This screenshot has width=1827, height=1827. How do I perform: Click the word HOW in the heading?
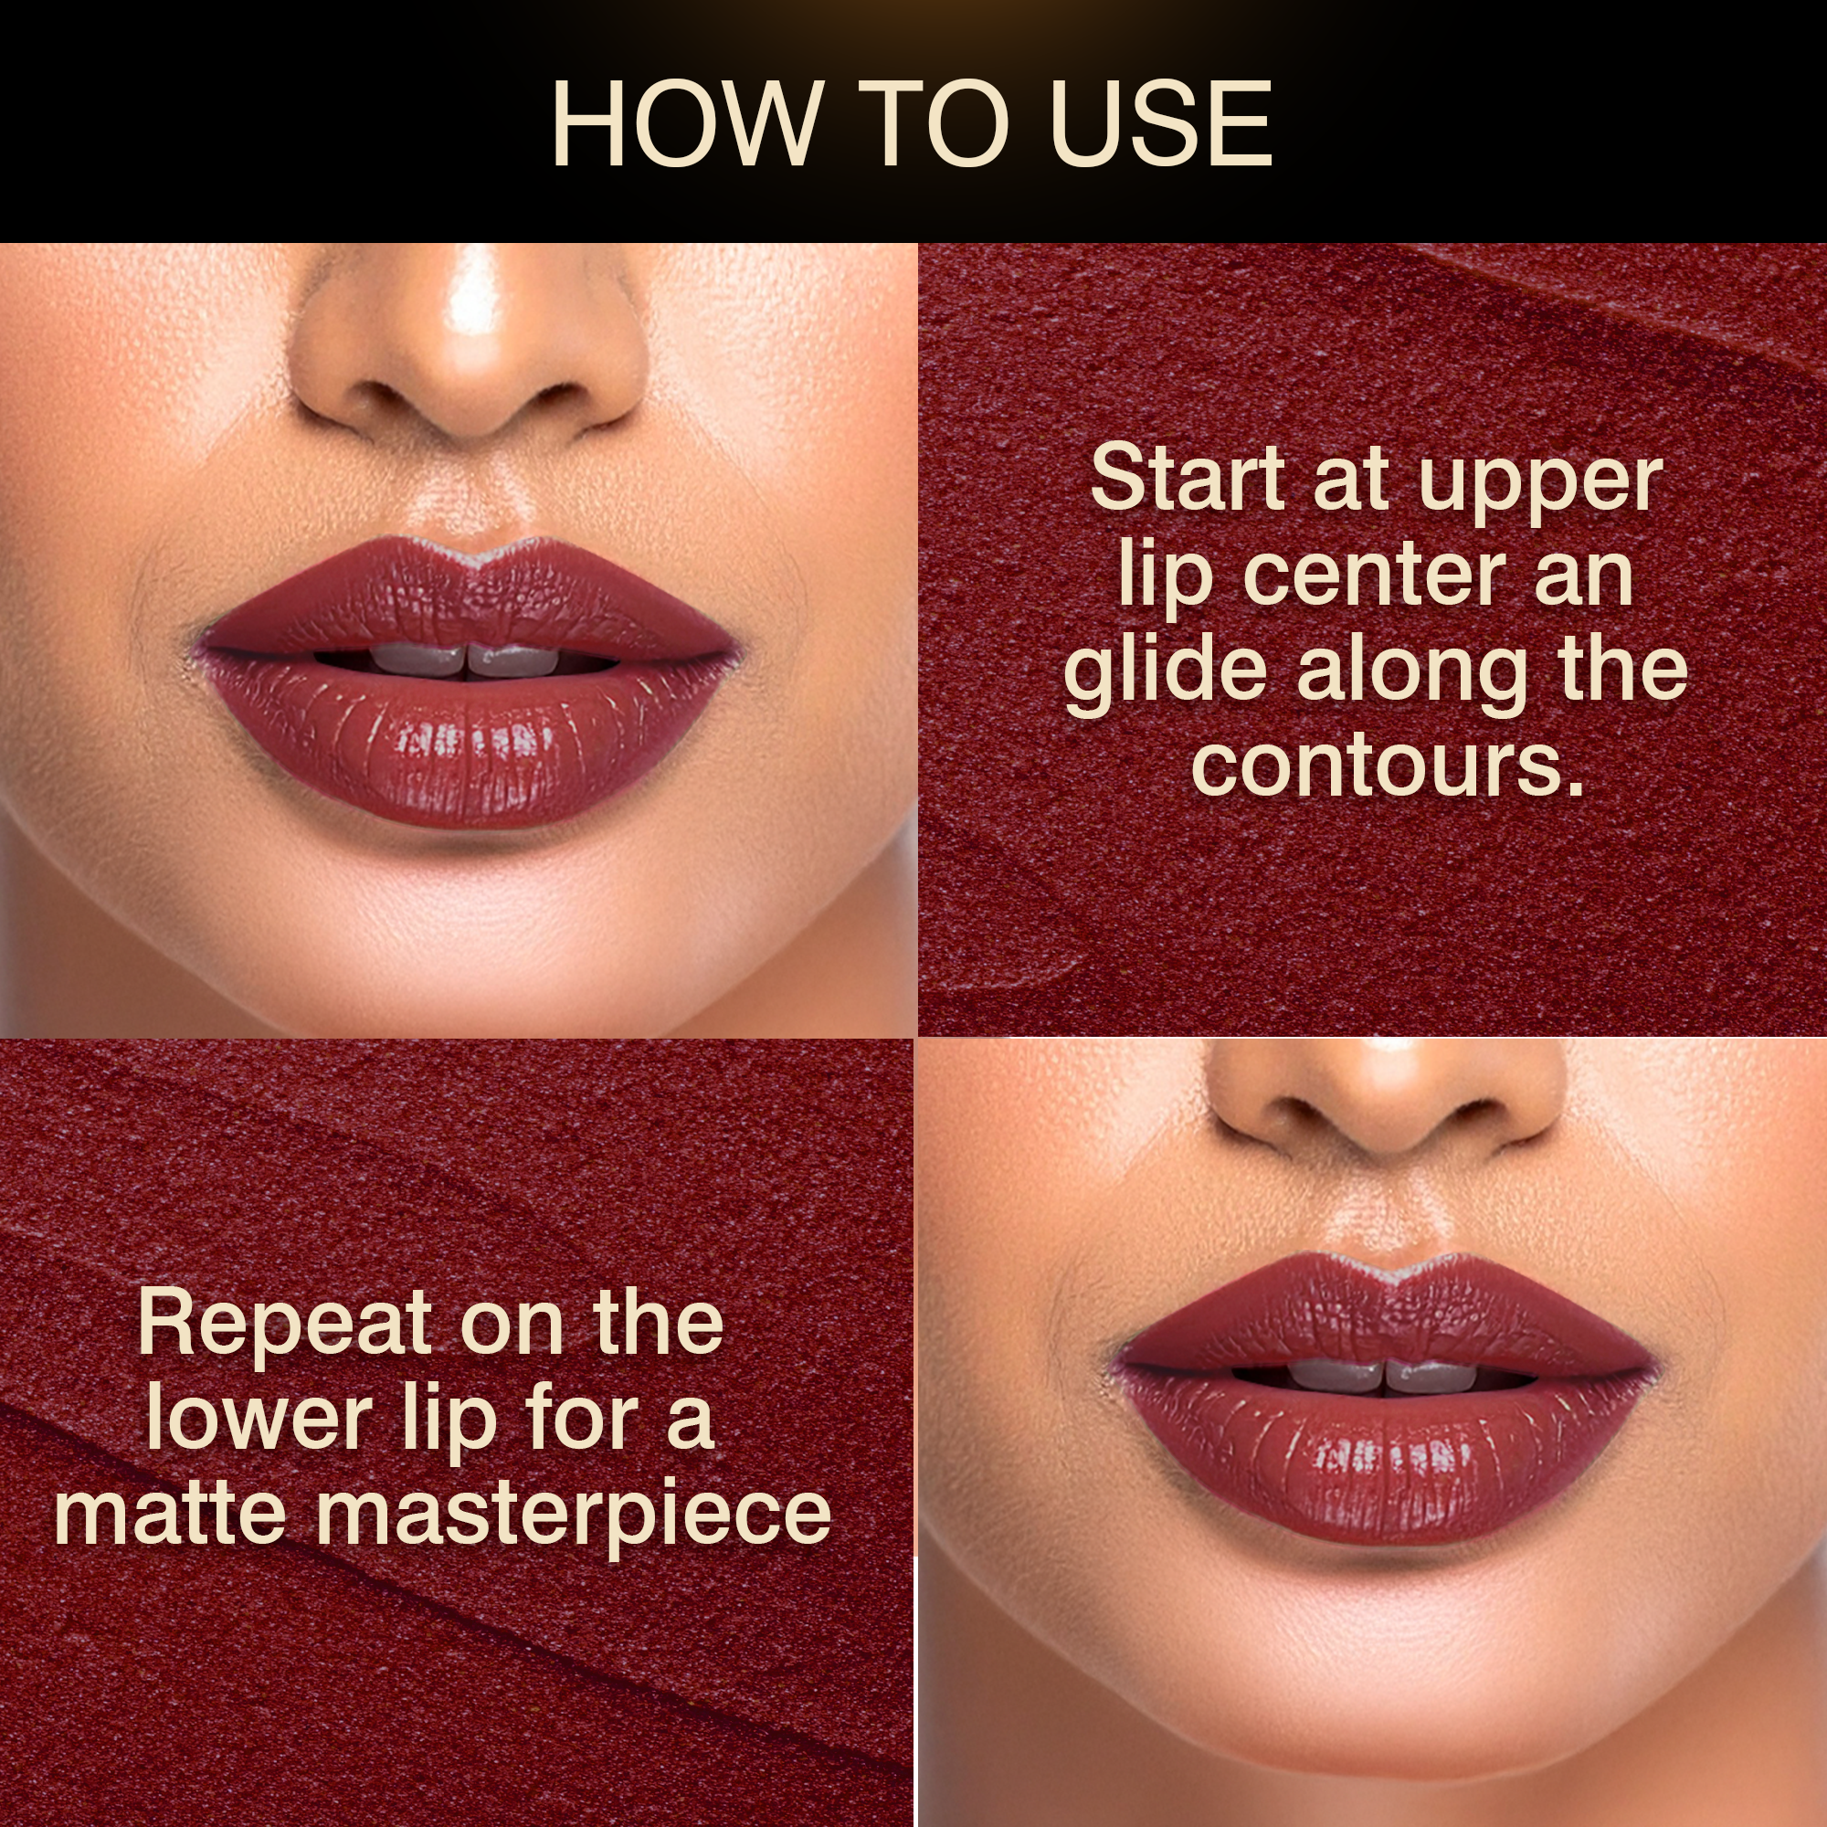click(x=686, y=124)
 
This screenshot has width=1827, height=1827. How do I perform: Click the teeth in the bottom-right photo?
click(x=1385, y=1376)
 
